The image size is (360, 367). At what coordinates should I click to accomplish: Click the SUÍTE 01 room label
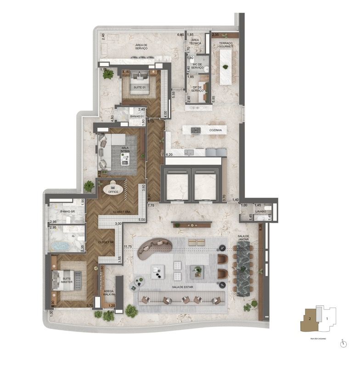coord(140,87)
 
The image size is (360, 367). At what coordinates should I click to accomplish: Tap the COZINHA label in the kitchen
coord(215,130)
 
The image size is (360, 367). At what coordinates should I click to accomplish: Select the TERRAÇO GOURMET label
coord(226,44)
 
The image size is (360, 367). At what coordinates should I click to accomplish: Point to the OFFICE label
coord(113,192)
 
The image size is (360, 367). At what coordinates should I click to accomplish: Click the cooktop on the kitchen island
coord(196,131)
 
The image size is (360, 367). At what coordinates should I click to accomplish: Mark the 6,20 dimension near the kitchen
coord(169,155)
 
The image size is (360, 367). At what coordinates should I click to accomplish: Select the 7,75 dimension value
coord(151,206)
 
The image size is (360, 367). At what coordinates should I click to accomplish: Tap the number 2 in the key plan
coord(311,318)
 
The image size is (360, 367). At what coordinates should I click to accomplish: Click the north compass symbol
coord(343,343)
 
